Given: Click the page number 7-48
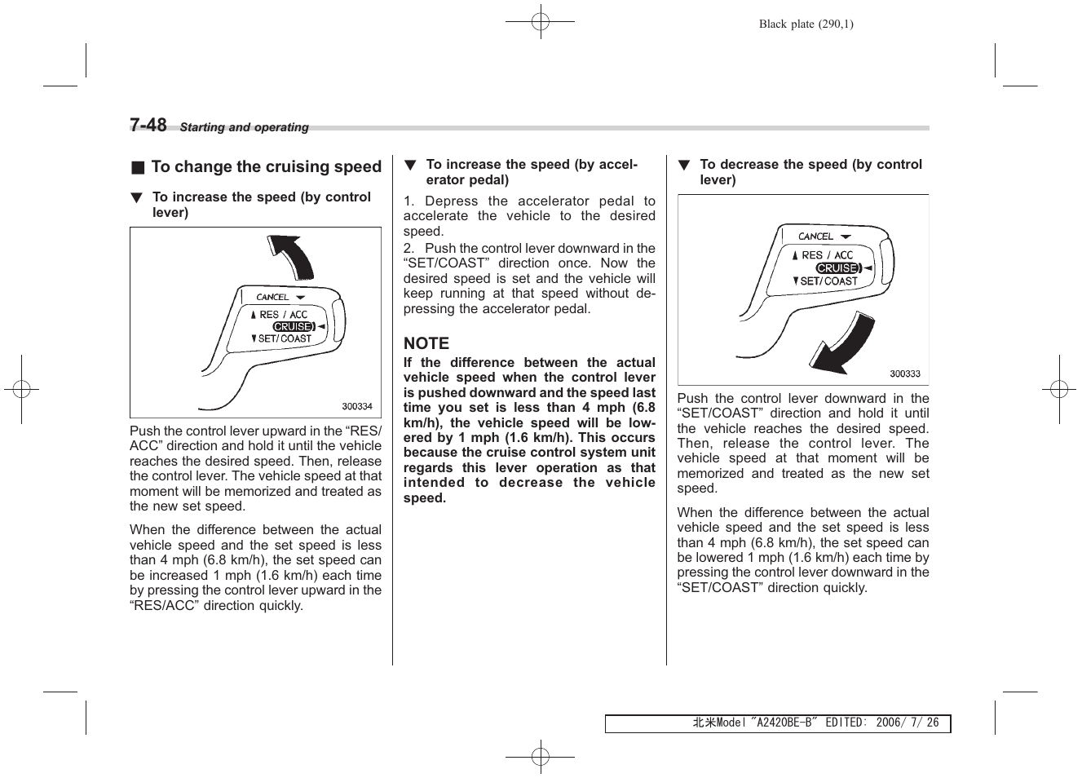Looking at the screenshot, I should (148, 125).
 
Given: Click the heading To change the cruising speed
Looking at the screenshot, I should (266, 167).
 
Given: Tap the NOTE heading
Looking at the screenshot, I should (426, 343).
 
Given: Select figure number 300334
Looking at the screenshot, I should (357, 406).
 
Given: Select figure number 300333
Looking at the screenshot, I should (904, 374).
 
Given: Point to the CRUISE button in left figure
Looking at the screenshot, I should (293, 327).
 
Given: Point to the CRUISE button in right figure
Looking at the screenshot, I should (837, 268).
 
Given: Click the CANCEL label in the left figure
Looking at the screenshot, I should (272, 298).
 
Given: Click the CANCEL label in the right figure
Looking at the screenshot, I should (815, 236).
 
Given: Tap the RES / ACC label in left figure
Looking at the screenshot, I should (283, 315).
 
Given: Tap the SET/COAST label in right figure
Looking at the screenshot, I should (828, 281).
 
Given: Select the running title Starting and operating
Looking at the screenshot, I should (244, 127).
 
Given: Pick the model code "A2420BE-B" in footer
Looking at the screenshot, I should (784, 723).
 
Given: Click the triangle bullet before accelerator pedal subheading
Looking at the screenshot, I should (410, 166).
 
